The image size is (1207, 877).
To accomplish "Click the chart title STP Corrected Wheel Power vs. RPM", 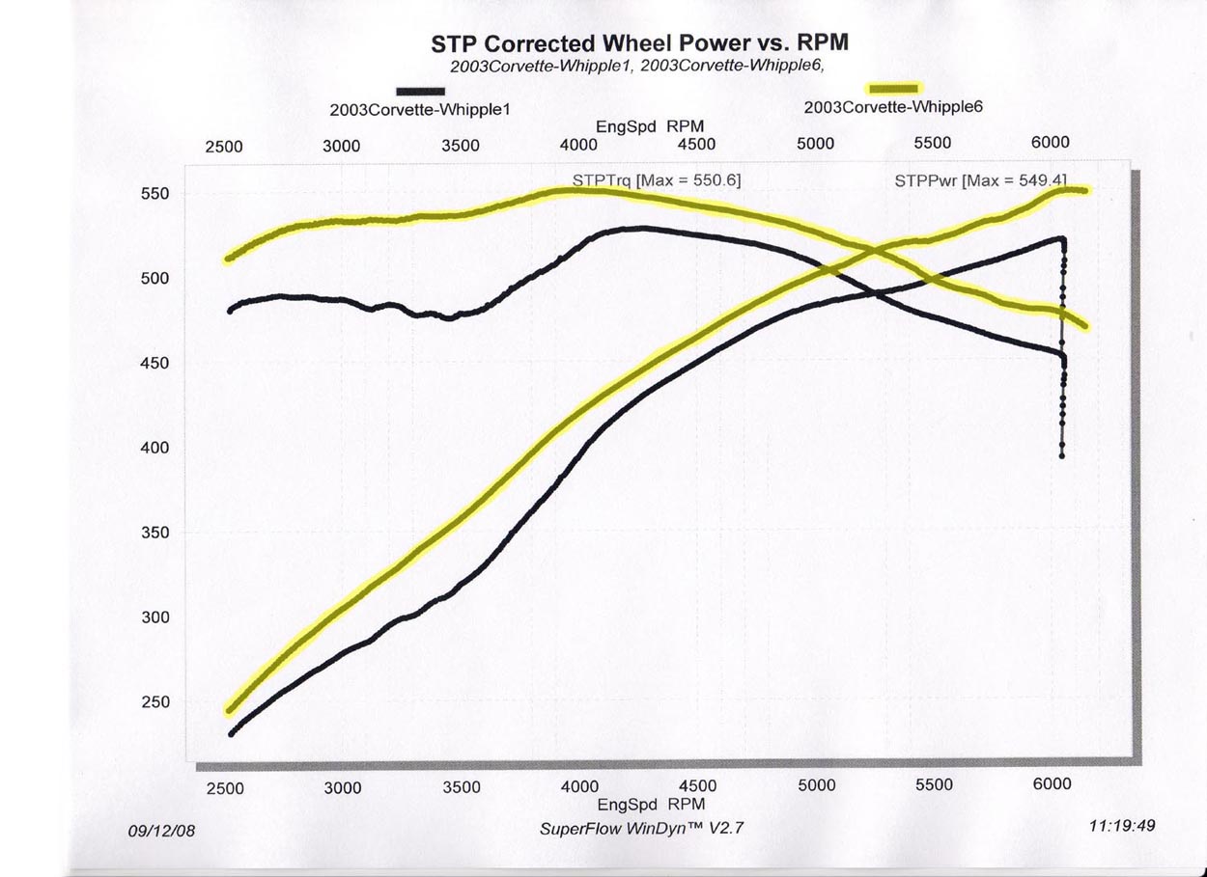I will [639, 44].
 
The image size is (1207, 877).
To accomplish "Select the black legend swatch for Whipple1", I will [419, 93].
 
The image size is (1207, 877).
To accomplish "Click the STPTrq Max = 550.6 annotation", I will [657, 179].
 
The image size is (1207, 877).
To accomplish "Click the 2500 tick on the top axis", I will [224, 148].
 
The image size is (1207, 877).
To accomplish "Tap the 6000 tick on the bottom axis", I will [1052, 784].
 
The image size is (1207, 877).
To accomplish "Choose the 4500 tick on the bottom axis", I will [698, 786].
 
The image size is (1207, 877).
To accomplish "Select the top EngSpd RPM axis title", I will [638, 126].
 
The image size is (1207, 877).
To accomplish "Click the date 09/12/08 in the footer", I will [161, 830].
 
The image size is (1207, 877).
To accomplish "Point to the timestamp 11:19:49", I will [1122, 825].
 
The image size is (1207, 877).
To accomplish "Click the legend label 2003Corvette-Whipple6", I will [892, 107].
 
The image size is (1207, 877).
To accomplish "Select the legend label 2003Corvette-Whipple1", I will [419, 110].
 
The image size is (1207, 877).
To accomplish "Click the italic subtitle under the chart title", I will [639, 67].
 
